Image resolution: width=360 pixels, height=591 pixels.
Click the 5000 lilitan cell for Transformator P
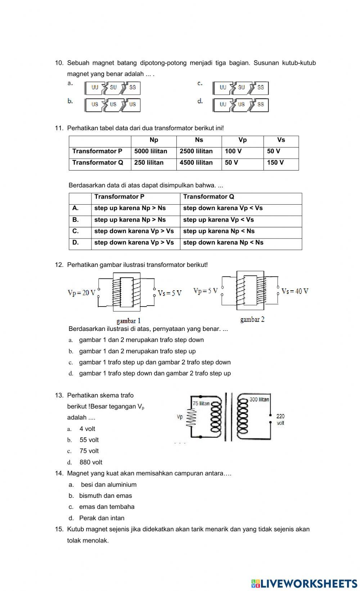[151, 151]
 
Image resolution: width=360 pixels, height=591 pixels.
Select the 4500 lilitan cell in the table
[196, 163]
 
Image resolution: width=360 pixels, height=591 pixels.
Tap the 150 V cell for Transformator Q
[275, 163]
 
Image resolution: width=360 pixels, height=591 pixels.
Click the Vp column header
[243, 140]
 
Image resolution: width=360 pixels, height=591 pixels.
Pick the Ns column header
[199, 140]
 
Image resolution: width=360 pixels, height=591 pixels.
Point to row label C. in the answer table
[76, 231]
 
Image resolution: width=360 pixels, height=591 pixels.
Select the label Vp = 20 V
[82, 293]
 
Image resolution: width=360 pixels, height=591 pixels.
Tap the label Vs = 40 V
[295, 291]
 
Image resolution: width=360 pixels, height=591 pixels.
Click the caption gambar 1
[129, 321]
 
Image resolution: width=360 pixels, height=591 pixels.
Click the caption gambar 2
[252, 319]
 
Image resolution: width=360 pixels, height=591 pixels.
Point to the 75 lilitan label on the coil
[201, 404]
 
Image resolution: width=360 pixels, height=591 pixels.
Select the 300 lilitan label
[259, 400]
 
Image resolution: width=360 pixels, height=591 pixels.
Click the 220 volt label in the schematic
[280, 419]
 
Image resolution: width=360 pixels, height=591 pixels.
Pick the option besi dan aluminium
[109, 485]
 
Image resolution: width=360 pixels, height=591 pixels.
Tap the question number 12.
[59, 265]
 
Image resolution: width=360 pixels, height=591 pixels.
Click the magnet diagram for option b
[113, 105]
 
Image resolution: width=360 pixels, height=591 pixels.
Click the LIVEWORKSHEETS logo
[304, 583]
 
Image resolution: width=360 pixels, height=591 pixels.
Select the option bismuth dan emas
[105, 496]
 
